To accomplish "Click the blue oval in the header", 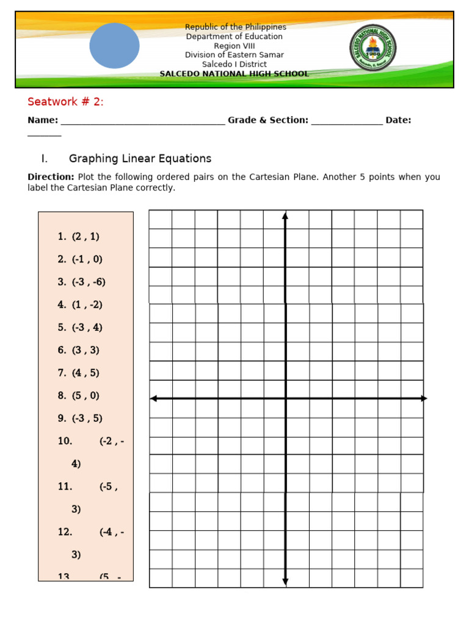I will [114, 46].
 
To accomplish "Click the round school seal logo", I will [373, 46].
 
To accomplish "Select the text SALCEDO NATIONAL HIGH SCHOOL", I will [234, 74].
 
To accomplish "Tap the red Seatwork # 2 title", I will [65, 102].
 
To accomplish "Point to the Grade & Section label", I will [267, 120].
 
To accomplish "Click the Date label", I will [398, 120].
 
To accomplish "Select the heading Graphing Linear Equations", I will [140, 159].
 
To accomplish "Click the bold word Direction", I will [51, 177].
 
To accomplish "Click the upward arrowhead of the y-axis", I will [285, 215].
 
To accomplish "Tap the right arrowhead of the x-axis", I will [424, 399].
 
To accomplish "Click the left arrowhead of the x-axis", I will [153, 399].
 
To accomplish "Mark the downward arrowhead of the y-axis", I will [285, 582].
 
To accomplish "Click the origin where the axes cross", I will [285, 399].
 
